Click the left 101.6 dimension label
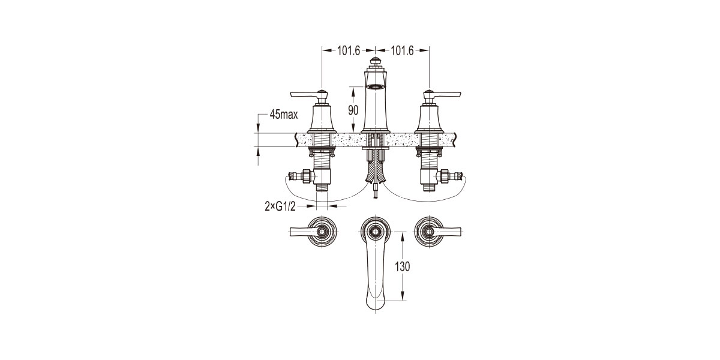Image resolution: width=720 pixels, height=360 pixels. coord(349,51)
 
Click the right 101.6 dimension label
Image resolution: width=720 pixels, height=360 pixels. coord(402,51)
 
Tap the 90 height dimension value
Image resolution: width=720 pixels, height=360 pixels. coord(353,110)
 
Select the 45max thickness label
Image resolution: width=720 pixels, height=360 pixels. coord(283,114)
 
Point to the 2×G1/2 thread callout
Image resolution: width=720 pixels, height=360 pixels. coord(280,206)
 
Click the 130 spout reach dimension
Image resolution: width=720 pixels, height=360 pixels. coord(403,266)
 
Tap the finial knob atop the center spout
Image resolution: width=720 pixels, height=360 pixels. coord(376,61)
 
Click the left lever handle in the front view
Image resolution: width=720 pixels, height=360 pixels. coord(308,95)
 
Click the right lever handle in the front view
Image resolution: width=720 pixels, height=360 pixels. coord(442,95)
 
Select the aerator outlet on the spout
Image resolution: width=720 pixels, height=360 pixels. coord(376,86)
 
